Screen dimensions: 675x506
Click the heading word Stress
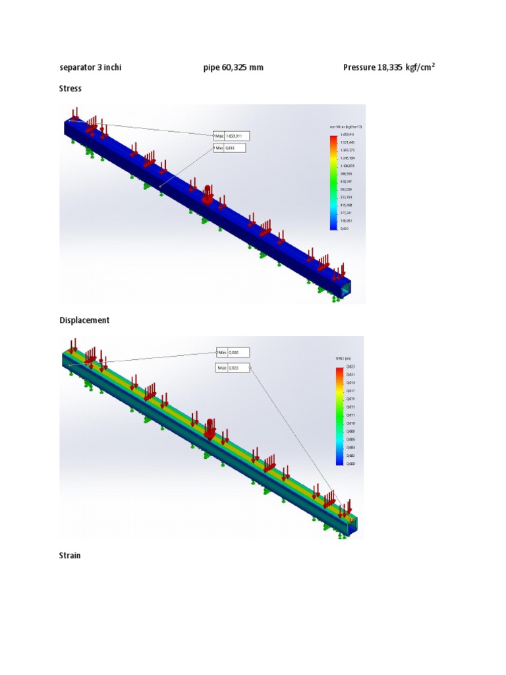coord(70,88)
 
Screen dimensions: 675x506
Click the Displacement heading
coord(84,320)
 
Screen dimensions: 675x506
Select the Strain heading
coord(70,556)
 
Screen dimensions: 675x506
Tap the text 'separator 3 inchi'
coord(90,67)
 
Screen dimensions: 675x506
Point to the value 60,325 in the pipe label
coord(235,67)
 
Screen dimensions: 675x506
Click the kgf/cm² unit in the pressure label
coord(420,67)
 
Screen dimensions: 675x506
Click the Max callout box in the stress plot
coord(230,136)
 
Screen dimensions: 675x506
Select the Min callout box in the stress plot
coord(228,148)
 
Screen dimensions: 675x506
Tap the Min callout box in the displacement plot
coord(233,353)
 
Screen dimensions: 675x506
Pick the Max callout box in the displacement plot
coord(233,368)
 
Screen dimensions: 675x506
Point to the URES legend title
coord(345,359)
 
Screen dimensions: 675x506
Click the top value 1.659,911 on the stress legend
coord(347,134)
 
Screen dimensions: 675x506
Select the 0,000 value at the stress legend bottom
coord(345,228)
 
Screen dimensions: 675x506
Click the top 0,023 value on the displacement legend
coord(350,367)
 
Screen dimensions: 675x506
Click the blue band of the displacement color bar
coord(339,458)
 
